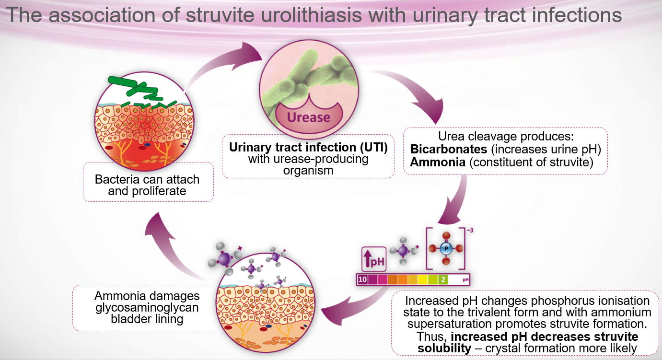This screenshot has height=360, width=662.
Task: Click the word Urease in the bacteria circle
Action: (308, 117)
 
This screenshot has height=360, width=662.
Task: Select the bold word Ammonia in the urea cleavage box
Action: (438, 162)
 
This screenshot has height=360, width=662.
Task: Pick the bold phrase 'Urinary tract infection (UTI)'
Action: (308, 147)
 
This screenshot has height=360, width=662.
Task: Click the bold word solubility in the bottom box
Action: (444, 348)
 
